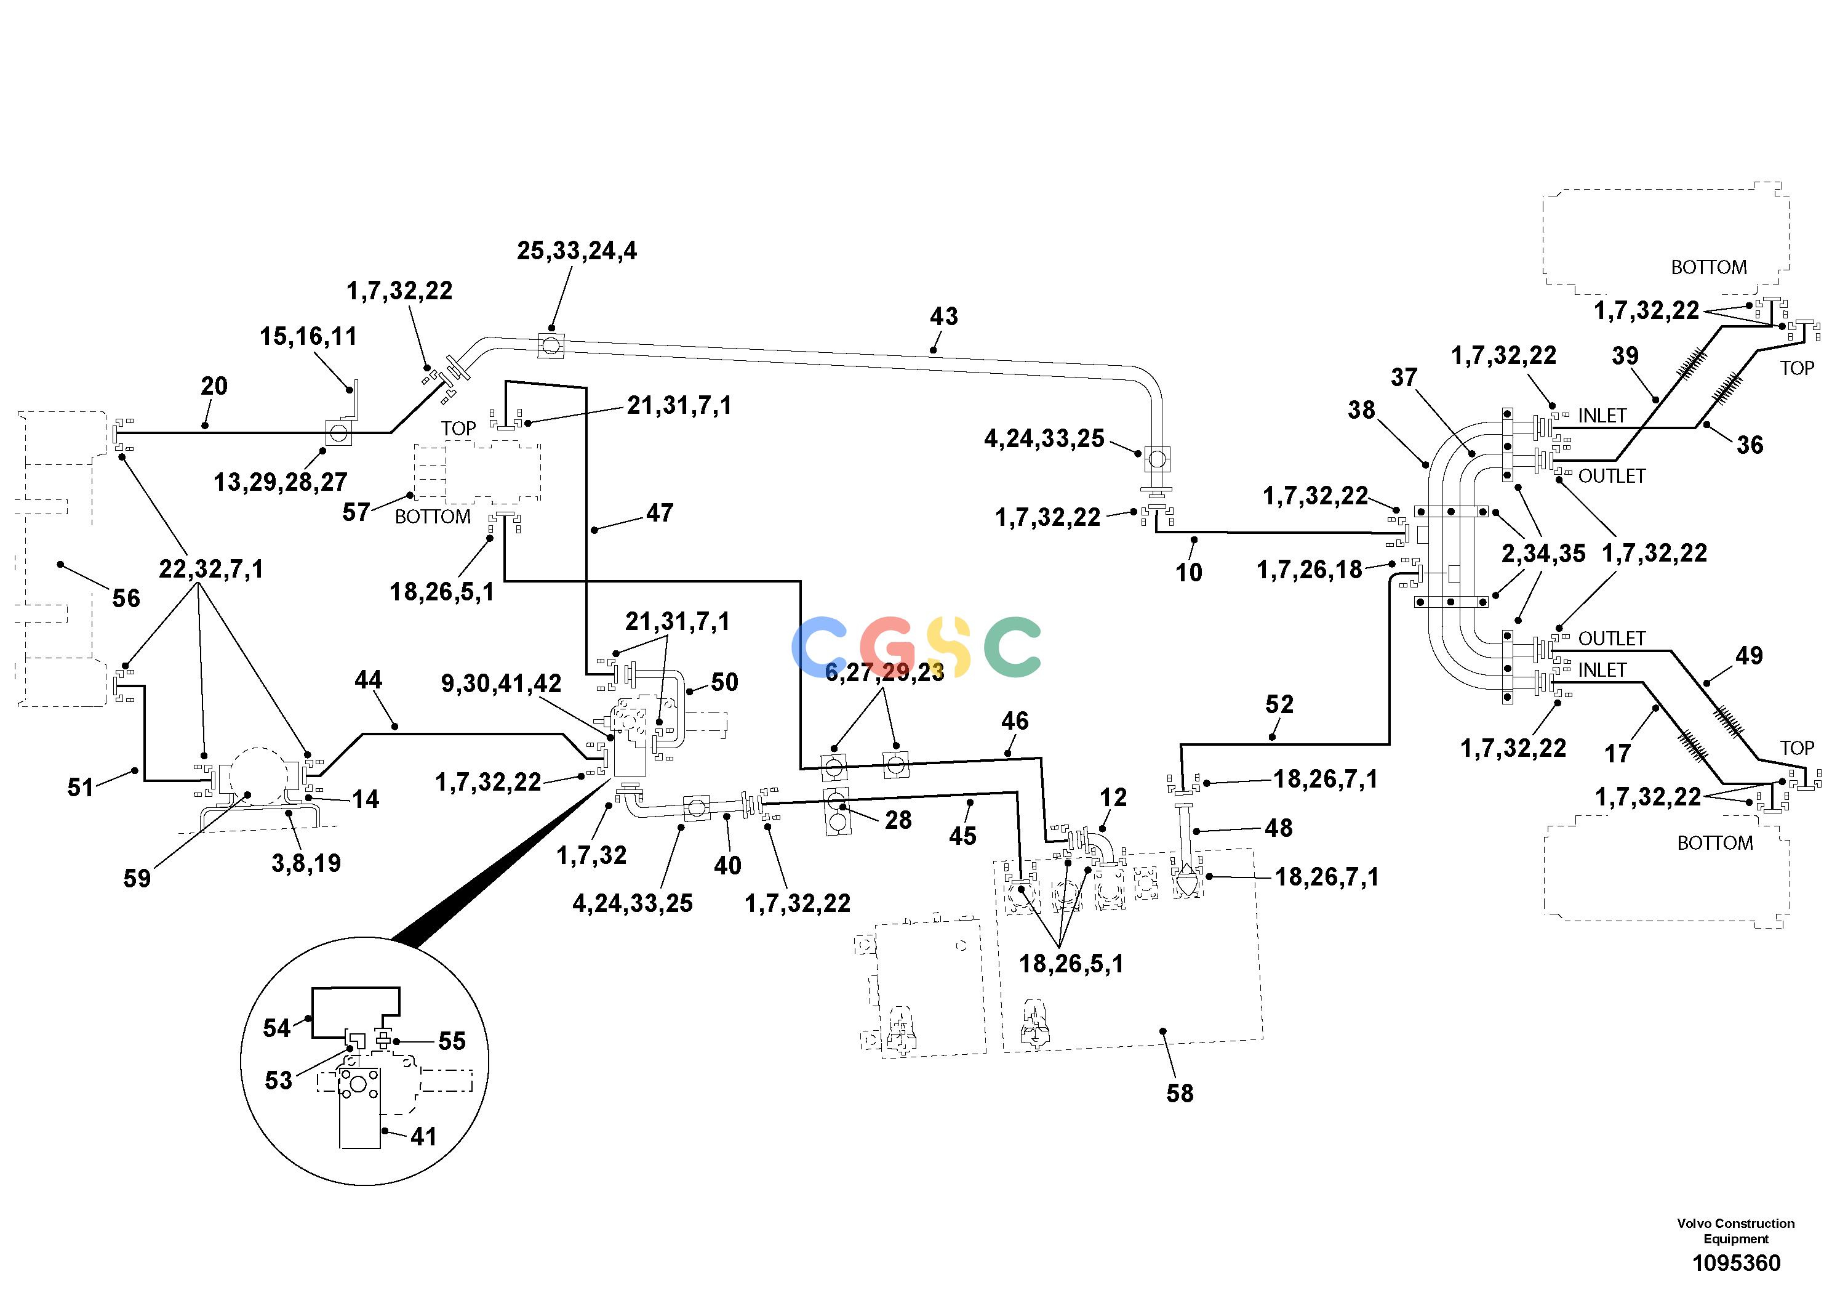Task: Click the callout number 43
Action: click(x=943, y=317)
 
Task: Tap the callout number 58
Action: click(x=1180, y=1093)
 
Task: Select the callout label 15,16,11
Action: click(x=308, y=337)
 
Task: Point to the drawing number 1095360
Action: click(x=1736, y=1263)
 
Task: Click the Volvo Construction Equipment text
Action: click(x=1735, y=1231)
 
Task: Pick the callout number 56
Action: click(x=126, y=599)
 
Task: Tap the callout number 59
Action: click(x=137, y=879)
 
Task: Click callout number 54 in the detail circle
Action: click(x=277, y=1028)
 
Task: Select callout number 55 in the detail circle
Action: click(x=452, y=1041)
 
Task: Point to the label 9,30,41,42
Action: click(x=501, y=684)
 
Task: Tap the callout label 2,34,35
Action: click(x=1543, y=554)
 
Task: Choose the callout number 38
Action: click(x=1361, y=410)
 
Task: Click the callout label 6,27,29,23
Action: click(x=884, y=673)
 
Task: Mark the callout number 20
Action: click(x=214, y=387)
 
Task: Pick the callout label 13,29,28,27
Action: click(x=280, y=482)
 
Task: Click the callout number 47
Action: click(x=660, y=514)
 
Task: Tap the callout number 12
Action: click(x=1113, y=797)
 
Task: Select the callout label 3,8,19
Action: click(x=306, y=863)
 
